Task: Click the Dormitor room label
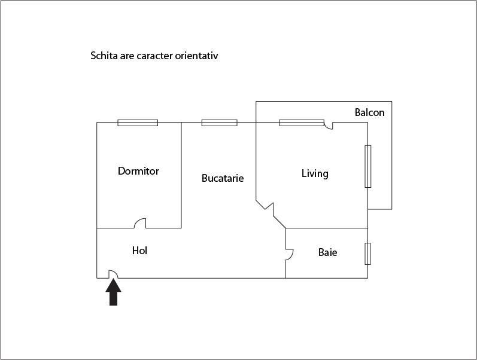(x=138, y=171)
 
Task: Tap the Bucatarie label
(x=223, y=178)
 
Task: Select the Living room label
(x=315, y=173)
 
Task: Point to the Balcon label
(x=370, y=112)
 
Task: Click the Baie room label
(x=327, y=252)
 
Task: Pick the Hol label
(x=139, y=251)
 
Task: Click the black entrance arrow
(x=114, y=292)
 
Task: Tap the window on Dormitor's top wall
(x=138, y=123)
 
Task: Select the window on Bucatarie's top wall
(x=219, y=123)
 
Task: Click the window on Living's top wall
(x=302, y=123)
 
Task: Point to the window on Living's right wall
(x=368, y=166)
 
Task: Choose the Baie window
(x=368, y=254)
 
